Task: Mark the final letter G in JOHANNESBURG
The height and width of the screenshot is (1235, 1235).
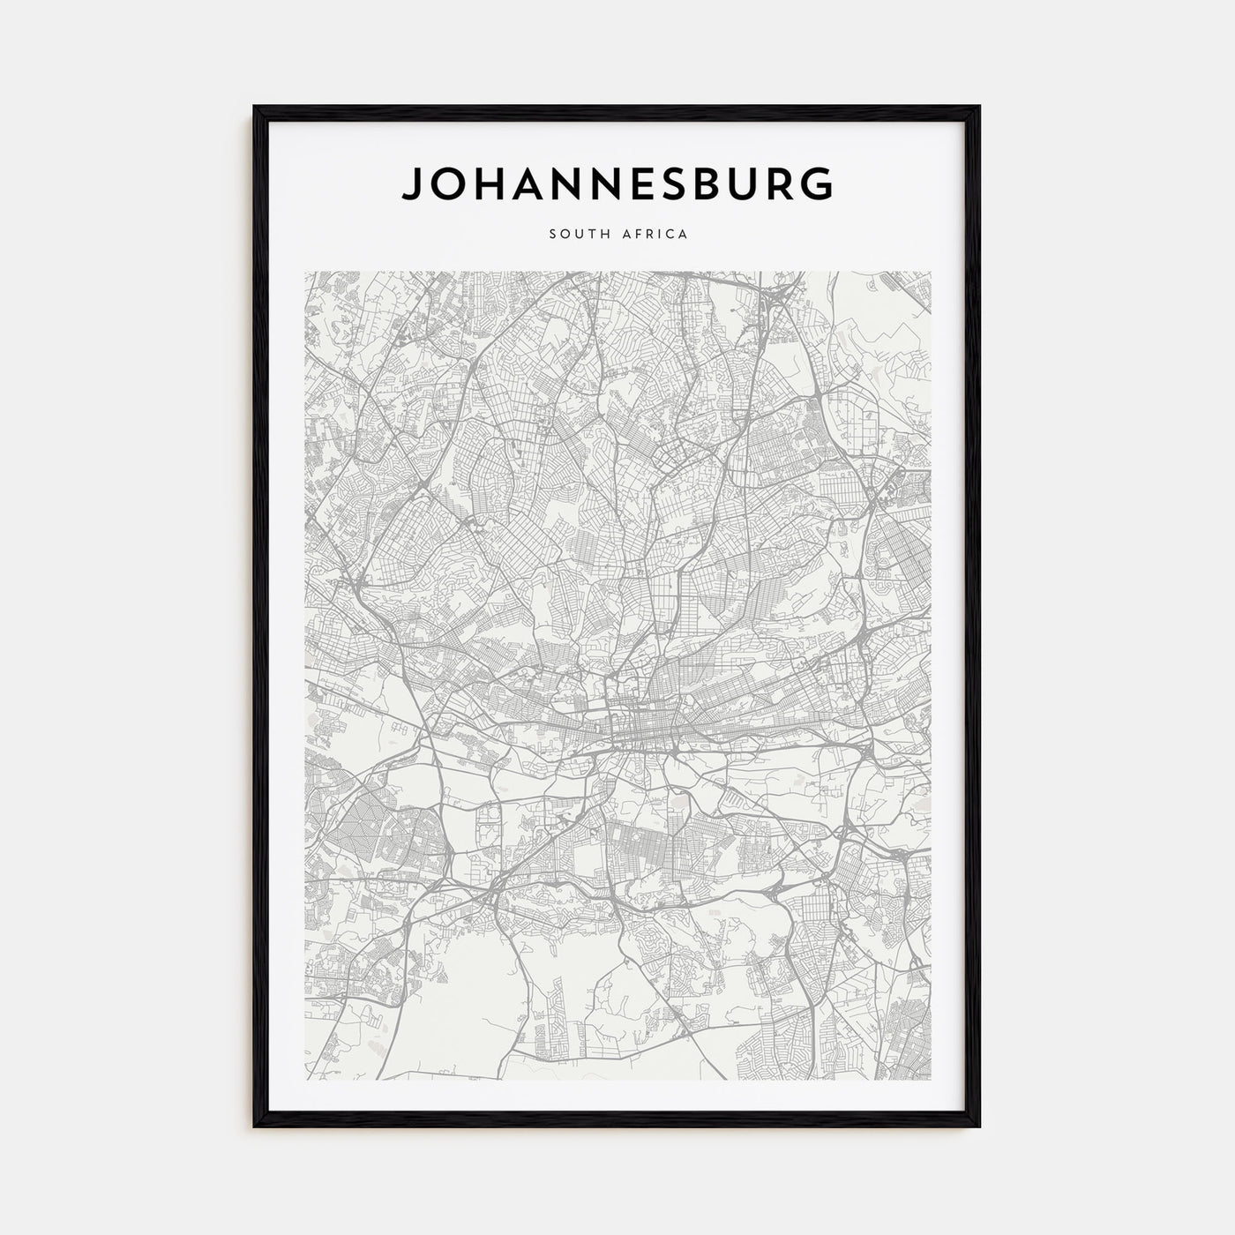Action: (817, 183)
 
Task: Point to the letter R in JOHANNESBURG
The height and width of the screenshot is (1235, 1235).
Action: (783, 183)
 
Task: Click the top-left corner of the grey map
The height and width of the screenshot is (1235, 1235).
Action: (305, 272)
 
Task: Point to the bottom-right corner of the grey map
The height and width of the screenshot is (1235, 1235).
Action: (930, 1079)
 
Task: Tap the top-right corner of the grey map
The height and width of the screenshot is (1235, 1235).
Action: (930, 272)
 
